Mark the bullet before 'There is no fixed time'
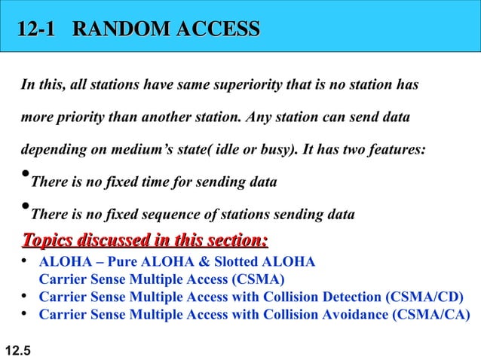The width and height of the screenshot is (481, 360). click(x=24, y=178)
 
